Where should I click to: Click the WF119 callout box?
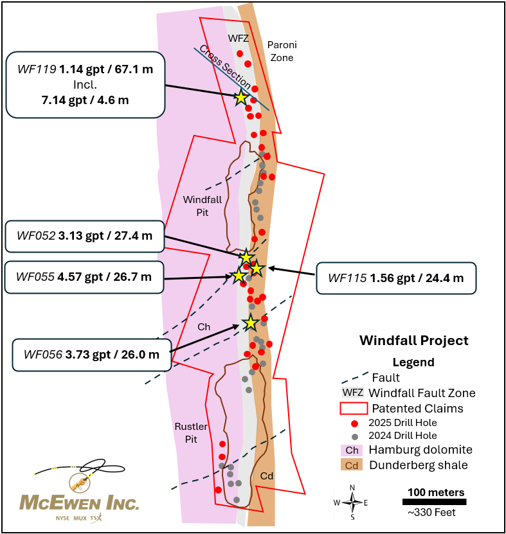pos(85,84)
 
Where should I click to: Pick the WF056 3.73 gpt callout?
pos(91,354)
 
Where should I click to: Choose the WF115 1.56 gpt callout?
pos(395,278)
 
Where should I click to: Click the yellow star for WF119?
pos(240,98)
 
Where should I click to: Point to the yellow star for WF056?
pos(250,323)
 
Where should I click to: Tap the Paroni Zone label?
pos(282,51)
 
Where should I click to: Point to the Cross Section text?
pos(225,67)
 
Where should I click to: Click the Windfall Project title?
pos(413,341)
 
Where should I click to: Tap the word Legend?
pos(413,362)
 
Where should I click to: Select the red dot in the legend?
pos(354,423)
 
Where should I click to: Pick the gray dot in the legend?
pos(354,436)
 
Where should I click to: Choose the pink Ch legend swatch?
pos(352,450)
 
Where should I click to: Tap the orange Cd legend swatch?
pos(352,465)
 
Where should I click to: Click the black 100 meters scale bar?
pos(436,502)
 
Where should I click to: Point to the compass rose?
pos(352,503)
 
